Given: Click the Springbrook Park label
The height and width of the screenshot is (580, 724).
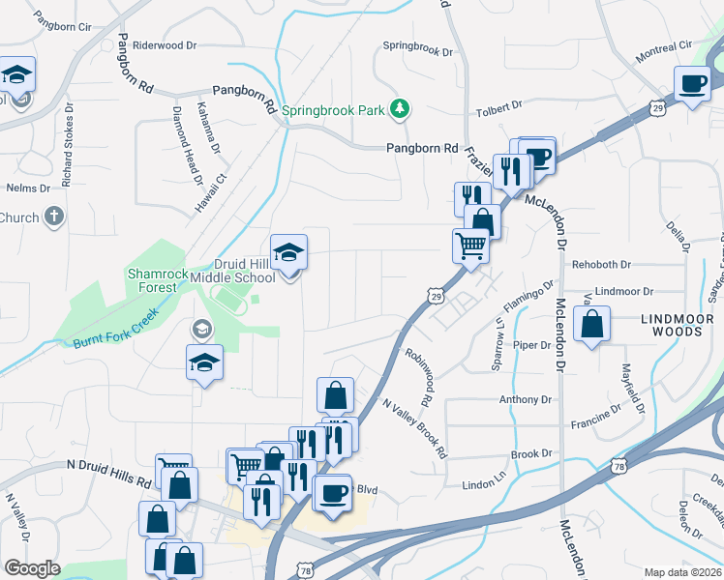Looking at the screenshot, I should (x=334, y=110).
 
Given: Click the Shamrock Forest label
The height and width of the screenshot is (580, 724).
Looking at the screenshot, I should (x=153, y=280).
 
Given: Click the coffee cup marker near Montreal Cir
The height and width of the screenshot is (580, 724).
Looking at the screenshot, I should (x=692, y=84).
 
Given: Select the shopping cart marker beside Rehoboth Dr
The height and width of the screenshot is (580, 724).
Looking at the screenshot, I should (x=470, y=246).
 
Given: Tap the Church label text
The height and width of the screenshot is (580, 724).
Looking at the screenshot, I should (x=19, y=217).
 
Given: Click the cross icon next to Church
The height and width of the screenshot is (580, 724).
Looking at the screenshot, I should (x=54, y=217).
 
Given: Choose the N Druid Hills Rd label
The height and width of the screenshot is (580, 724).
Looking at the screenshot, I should (x=110, y=473).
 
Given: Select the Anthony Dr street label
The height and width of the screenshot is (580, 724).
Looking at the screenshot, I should (x=525, y=399).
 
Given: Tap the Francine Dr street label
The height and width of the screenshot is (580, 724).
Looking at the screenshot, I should (x=595, y=417).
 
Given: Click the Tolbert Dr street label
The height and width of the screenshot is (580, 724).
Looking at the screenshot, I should (x=499, y=105).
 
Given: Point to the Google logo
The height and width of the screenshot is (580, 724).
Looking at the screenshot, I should (x=32, y=568).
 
